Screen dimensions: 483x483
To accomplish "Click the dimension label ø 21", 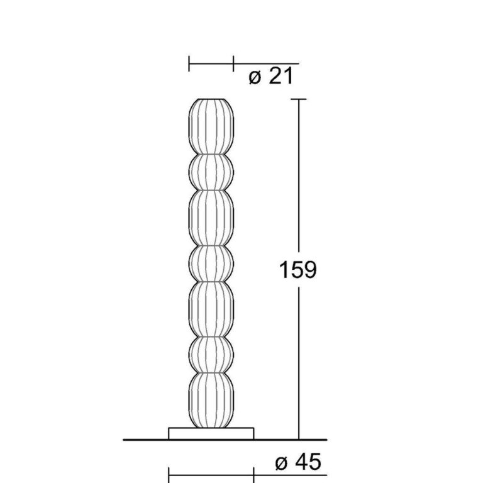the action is pos(271,76).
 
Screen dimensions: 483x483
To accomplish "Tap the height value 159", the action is pos(297,270).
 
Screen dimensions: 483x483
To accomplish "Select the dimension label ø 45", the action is pos(298,462).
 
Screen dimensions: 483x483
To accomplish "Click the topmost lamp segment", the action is pos(211,126).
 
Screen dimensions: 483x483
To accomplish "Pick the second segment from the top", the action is pos(211,172).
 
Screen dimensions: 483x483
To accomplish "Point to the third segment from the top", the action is pos(211,218).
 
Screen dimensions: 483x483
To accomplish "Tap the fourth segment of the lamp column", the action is pos(211,264).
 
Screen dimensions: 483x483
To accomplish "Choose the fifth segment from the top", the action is pos(211,309).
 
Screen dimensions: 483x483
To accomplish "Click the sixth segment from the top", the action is pos(211,355).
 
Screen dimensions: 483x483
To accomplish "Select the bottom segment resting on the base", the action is pos(211,401).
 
